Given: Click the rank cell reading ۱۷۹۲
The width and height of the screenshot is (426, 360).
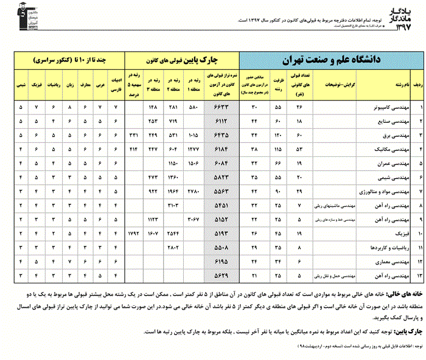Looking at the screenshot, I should (x=134, y=232).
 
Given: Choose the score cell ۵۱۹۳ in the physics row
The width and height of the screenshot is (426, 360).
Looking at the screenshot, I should (x=218, y=232).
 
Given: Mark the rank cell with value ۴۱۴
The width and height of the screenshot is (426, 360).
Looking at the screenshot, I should (x=134, y=149).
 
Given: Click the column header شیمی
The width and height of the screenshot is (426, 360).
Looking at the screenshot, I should (x=22, y=86).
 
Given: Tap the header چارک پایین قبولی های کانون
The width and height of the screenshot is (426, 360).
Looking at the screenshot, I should (x=182, y=60).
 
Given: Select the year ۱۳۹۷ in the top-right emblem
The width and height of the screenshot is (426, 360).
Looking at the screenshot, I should (x=405, y=27).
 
